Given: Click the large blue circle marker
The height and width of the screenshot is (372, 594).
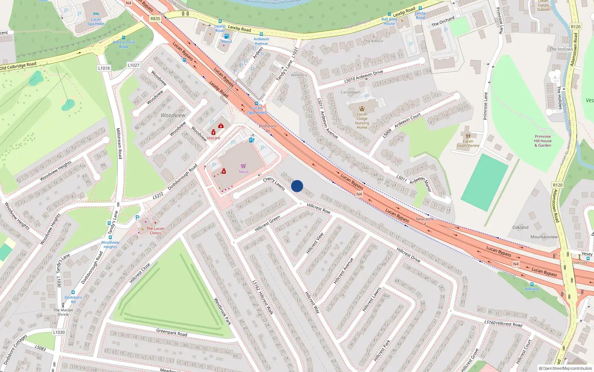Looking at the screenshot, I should pos(297,186).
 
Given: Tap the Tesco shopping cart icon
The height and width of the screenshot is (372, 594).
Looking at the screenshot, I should pos(243,166).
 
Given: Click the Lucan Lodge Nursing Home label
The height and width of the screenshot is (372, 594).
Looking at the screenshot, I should pos(362,121).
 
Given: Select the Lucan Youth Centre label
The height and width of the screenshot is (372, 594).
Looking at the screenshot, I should pos(468,143).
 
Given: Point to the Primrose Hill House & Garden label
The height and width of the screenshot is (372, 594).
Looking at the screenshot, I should pos(543,141).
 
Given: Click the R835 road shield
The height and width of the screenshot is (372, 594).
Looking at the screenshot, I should pos(155,19).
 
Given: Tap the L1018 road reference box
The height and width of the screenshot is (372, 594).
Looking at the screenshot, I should pos(104,68).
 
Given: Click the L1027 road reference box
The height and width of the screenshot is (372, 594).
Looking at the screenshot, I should pos(134,65).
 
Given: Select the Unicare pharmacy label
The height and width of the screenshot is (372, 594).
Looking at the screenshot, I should pos(213,138).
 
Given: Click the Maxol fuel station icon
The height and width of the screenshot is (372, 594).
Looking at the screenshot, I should pos(226,36).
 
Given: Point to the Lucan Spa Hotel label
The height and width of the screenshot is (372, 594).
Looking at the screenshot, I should pos(96,22).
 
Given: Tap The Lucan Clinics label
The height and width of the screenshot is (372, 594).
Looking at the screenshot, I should pos(155,231).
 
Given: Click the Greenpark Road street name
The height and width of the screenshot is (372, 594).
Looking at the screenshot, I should pos(172,332).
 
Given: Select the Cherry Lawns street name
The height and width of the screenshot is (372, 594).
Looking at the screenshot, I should pos(274,183).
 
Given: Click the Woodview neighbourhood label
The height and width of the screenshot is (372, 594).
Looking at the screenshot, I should pos(173,115).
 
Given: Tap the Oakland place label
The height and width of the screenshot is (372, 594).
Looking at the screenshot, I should pos(520,227).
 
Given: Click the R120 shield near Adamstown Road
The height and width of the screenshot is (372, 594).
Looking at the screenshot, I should pos(557,185).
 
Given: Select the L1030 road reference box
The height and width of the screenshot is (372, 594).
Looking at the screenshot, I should pos(59,332).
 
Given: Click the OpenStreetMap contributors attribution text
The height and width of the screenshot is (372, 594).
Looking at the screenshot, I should pos(565,368).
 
